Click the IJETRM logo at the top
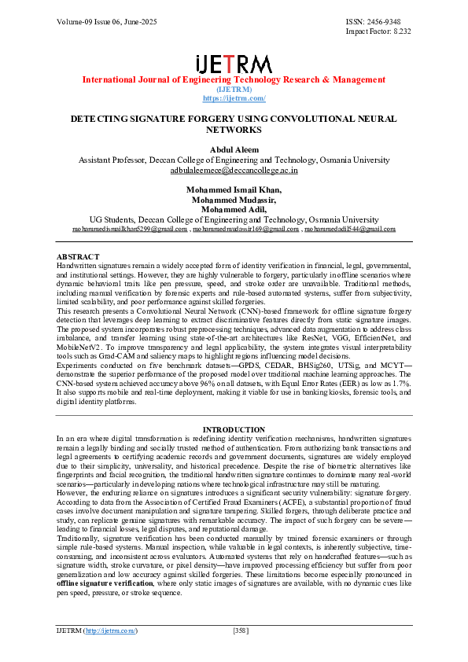click(x=234, y=64)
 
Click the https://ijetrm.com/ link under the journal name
click(x=234, y=98)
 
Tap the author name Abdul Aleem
click(x=234, y=149)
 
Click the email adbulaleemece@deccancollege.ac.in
click(x=234, y=170)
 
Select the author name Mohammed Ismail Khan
click(x=234, y=189)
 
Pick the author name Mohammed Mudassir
click(x=234, y=200)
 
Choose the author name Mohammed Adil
click(x=234, y=210)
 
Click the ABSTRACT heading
click(x=78, y=257)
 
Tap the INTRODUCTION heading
click(x=234, y=429)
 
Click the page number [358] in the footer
click(x=241, y=631)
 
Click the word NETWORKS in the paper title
click(x=234, y=129)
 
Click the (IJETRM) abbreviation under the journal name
click(x=234, y=90)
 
